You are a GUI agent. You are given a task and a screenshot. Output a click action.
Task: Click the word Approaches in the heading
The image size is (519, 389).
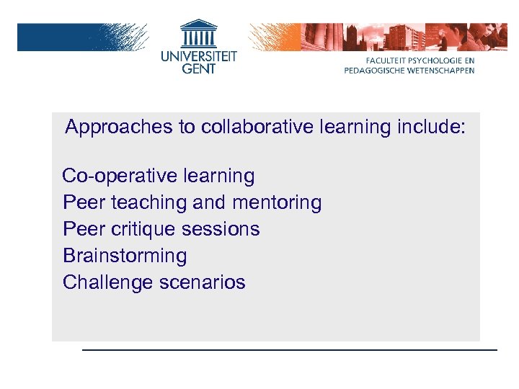click(110, 128)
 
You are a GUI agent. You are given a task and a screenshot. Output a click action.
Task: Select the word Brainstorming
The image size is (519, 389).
click(125, 256)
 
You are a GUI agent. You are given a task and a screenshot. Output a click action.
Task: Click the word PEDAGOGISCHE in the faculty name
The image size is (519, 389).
click(377, 71)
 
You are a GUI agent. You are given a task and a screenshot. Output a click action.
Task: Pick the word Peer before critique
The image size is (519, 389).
click(84, 229)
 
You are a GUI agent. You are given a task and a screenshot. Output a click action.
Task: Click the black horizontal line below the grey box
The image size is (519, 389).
click(289, 350)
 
